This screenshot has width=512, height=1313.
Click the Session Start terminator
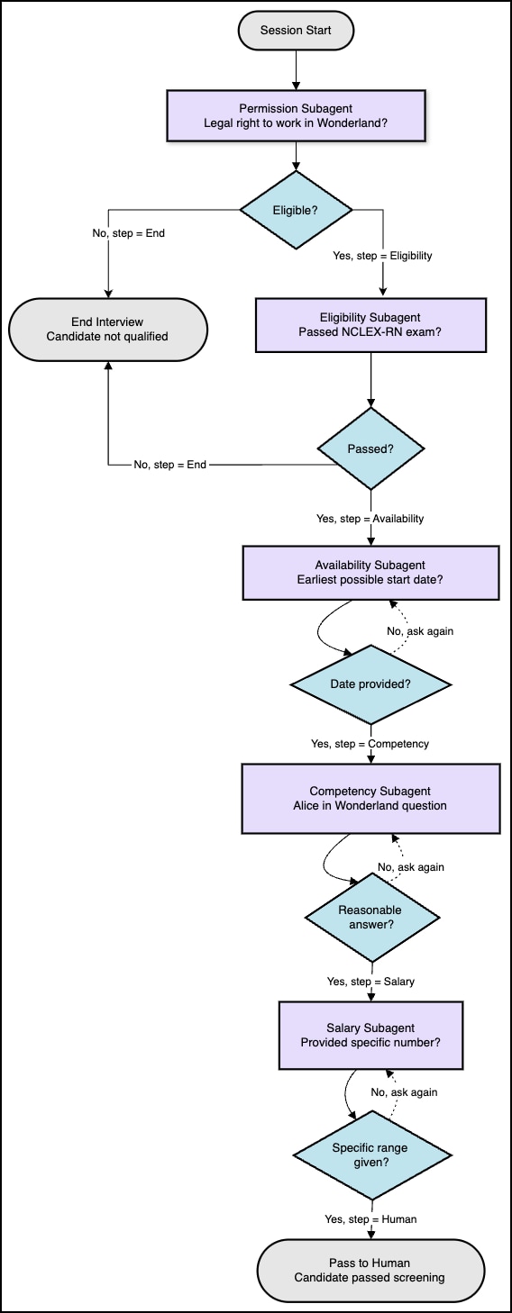click(x=296, y=31)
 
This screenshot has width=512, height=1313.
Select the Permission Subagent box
click(x=296, y=115)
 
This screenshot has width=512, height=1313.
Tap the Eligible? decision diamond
click(x=296, y=210)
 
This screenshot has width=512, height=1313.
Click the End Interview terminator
click(x=107, y=330)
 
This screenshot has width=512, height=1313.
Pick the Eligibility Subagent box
click(x=370, y=325)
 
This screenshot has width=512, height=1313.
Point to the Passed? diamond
click(x=370, y=448)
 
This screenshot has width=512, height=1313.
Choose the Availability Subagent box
click(x=370, y=573)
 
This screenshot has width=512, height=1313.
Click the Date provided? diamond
click(x=370, y=684)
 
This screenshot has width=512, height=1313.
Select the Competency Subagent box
click(x=370, y=799)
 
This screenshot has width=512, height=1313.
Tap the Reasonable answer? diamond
click(x=370, y=917)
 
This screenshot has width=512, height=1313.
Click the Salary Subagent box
click(x=370, y=1036)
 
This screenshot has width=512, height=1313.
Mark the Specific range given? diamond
click(x=370, y=1155)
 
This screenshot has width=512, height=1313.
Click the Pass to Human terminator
click(x=370, y=1271)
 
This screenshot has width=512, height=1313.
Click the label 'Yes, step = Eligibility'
click(x=382, y=256)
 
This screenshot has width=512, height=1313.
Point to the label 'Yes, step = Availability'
click(x=370, y=519)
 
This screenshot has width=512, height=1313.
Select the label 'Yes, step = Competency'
click(x=370, y=744)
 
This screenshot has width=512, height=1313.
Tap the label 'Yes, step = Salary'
click(x=370, y=982)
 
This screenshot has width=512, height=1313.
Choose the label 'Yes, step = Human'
click(x=370, y=1219)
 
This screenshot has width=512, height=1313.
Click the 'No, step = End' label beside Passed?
click(x=170, y=465)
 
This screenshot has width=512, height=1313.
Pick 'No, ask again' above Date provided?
click(x=420, y=631)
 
